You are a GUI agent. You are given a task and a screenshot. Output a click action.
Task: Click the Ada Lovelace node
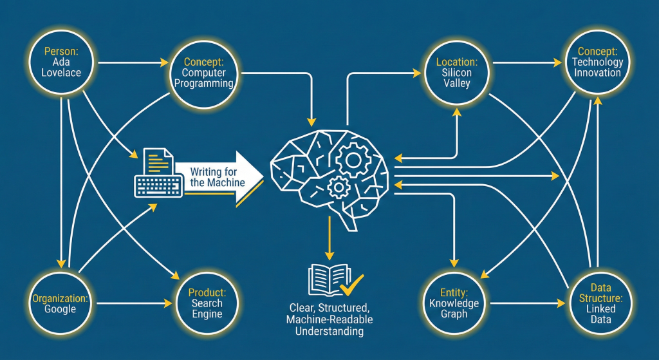(62, 62)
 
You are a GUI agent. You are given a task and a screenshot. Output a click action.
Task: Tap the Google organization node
(60, 303)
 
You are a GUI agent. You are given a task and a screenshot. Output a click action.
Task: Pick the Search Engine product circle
(207, 303)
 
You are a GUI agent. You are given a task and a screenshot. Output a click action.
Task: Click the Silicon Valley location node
(457, 73)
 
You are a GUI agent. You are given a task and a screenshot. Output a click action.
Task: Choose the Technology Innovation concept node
(597, 62)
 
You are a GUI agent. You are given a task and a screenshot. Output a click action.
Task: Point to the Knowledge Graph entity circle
(454, 303)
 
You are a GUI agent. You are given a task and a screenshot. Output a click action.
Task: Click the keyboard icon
(158, 184)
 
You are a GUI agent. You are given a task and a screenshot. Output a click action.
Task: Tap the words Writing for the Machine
(218, 176)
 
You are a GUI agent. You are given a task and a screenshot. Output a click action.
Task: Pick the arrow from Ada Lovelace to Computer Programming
(129, 62)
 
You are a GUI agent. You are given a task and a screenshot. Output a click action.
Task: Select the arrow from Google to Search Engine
(132, 303)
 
